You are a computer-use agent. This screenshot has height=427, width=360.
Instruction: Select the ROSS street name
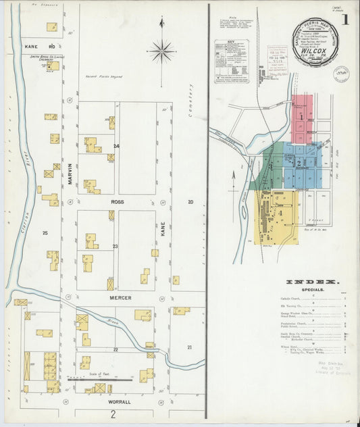[x=115, y=201]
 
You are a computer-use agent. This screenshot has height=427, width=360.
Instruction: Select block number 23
[x=115, y=247]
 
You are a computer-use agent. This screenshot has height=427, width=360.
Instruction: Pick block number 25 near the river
[x=45, y=233]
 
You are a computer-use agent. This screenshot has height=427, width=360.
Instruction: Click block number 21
[x=190, y=347]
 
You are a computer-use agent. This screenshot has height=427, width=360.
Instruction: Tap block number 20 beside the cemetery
[x=190, y=202]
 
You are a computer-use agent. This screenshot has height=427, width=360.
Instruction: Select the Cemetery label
[x=191, y=99]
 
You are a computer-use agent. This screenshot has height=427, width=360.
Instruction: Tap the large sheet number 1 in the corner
[x=346, y=20]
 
